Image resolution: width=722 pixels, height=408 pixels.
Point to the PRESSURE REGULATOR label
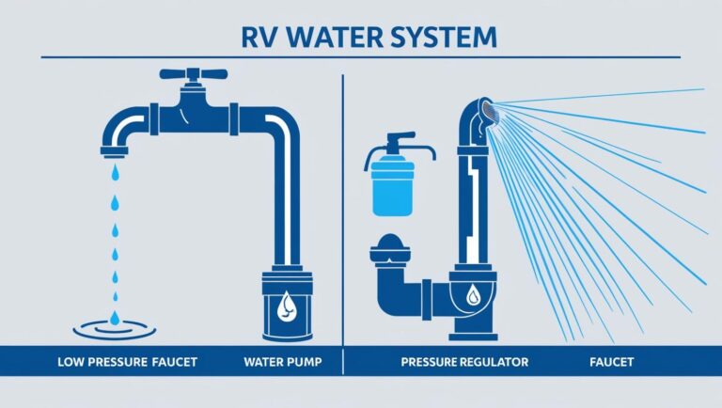coord(464,361)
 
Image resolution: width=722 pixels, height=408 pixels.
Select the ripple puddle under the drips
coord(114,327)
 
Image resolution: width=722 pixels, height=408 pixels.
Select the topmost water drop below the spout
coord(114,173)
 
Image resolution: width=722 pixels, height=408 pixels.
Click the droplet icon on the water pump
coord(287,305)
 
